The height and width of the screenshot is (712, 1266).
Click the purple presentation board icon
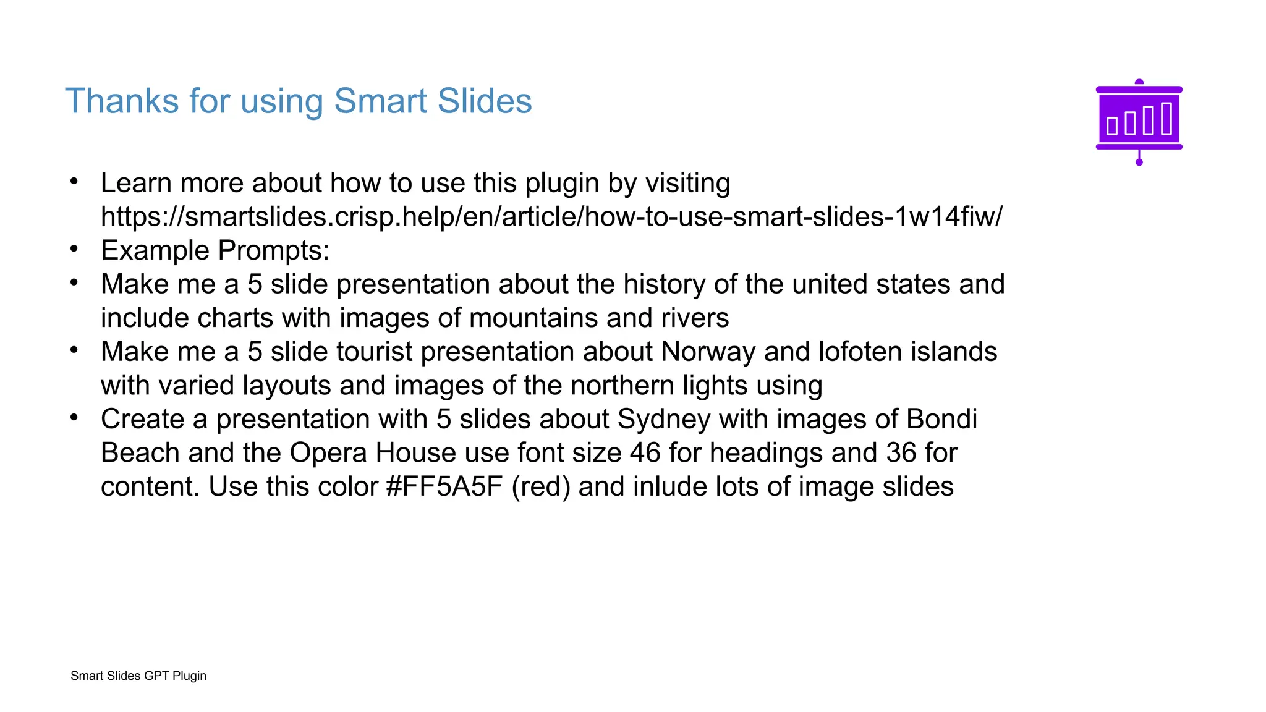click(1139, 122)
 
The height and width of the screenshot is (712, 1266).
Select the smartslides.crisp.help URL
click(551, 217)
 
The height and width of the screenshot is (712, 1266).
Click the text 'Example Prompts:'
click(215, 251)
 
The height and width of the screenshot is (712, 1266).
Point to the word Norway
click(708, 352)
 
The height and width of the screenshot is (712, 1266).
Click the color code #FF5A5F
click(444, 487)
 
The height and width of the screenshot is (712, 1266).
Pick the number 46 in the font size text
click(645, 453)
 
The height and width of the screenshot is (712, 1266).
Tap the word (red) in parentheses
click(541, 487)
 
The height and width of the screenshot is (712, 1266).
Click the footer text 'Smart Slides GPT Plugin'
click(138, 676)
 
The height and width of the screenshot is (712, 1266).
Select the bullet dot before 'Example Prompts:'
click(74, 249)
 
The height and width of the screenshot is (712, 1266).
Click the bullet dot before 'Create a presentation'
click(74, 418)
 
